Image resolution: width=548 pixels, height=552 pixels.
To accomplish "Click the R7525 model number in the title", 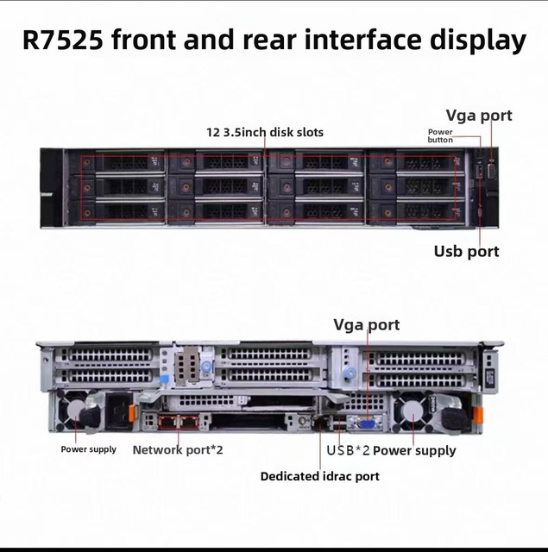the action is coord(63,40).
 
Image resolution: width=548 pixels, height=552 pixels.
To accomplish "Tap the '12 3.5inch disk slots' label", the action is coord(265,132).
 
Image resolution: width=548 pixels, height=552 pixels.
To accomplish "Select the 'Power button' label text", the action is coord(440,136).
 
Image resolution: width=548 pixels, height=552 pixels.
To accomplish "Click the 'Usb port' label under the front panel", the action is coord(466,251).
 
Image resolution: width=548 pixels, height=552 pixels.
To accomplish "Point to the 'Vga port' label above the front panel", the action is coord(479,116).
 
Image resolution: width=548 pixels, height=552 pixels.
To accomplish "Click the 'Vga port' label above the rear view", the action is coord(366,325).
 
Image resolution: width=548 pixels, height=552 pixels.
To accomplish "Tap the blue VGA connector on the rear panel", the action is coord(367,423).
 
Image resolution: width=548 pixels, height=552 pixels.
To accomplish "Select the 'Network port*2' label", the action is coord(178,450).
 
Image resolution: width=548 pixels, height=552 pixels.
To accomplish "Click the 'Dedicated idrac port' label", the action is coord(320,476).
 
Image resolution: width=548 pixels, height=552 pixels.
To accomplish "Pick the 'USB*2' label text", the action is coord(348,450).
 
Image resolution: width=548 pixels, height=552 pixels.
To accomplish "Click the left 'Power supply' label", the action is coord(88,449).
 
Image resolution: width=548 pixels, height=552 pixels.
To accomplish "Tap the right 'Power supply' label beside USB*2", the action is coord(414,450).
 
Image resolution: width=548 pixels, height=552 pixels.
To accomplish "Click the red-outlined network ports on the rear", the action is coord(179,422).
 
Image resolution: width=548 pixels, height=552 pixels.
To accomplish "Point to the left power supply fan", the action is coord(76,411).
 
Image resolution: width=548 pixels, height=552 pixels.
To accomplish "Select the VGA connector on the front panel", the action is coord(492,171).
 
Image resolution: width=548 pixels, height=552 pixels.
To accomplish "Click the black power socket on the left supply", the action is coord(118,411).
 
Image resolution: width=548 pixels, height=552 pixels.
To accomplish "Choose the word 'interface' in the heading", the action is coord(363,40).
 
